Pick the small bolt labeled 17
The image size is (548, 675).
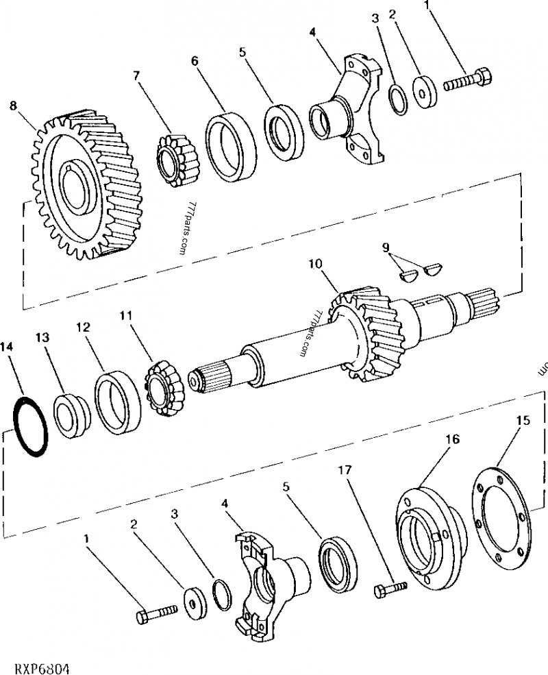click(x=390, y=589)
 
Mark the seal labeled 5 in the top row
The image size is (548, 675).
click(x=282, y=132)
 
